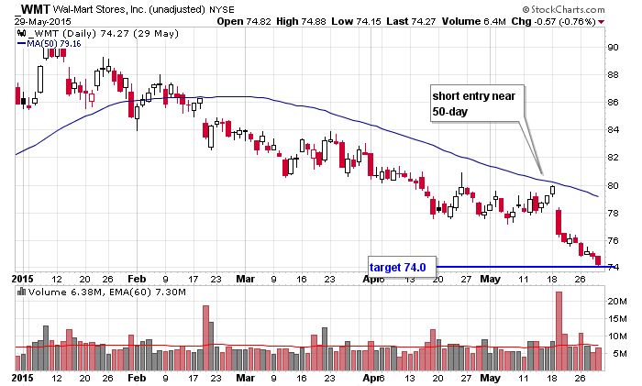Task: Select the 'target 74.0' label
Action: tap(397, 267)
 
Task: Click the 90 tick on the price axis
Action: tap(614, 48)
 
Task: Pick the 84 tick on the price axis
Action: tap(614, 130)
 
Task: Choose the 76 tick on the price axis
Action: tap(614, 240)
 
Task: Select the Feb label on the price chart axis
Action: tap(138, 277)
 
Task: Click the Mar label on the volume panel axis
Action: tap(243, 376)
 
